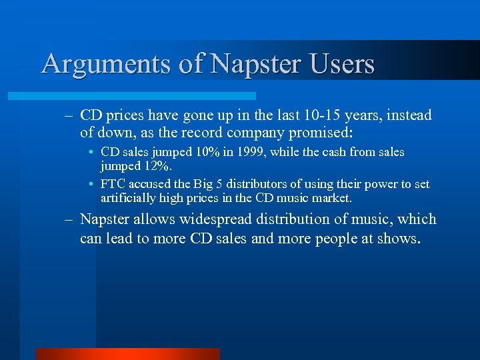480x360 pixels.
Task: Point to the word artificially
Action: (129, 198)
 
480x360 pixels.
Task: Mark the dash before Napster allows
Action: (68, 219)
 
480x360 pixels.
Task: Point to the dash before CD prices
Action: (68, 115)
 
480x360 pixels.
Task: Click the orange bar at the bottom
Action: (127, 353)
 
